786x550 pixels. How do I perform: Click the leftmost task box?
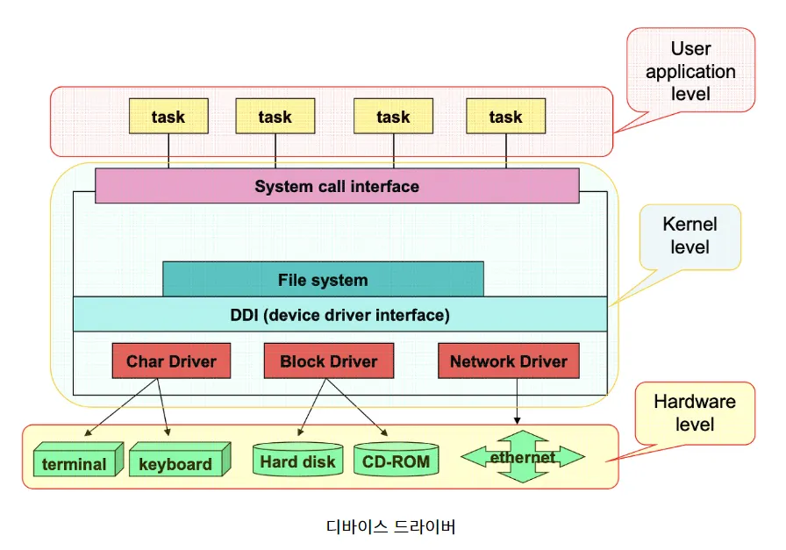tap(168, 116)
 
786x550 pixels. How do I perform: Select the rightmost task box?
tap(505, 116)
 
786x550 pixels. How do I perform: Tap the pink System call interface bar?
tap(337, 186)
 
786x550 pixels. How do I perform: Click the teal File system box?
tap(323, 279)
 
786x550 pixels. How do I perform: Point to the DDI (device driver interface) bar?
tap(339, 314)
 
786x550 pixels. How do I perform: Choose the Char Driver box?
tap(171, 361)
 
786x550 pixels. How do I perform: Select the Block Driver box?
tap(328, 361)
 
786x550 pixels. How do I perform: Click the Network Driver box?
tap(508, 361)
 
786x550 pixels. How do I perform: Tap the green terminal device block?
tap(74, 461)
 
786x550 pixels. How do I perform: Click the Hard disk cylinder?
tap(297, 460)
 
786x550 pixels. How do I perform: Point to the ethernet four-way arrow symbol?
tap(523, 457)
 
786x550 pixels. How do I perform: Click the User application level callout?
tap(690, 70)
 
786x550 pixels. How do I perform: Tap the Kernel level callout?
tap(690, 236)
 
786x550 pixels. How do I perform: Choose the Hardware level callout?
tap(695, 412)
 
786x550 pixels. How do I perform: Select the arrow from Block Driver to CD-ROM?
tap(358, 407)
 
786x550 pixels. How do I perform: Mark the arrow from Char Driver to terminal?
tap(123, 408)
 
